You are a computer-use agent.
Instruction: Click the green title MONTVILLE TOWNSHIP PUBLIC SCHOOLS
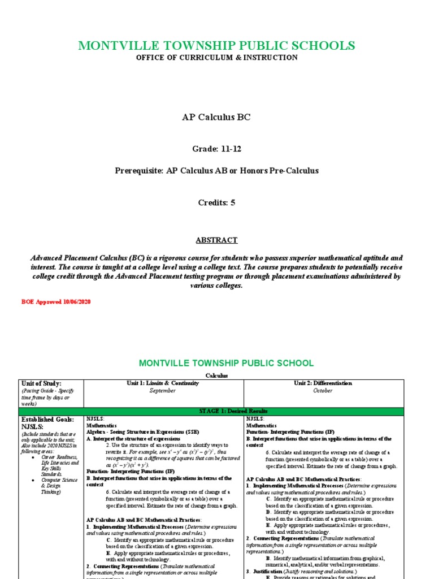coord(217,46)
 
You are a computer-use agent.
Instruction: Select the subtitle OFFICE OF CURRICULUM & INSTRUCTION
coord(217,58)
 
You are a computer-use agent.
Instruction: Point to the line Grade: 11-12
coord(216,149)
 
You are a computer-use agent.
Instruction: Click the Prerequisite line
coord(216,171)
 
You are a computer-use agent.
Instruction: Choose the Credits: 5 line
coord(216,202)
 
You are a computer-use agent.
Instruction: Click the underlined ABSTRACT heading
coord(216,240)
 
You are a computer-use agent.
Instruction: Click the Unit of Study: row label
coord(41,383)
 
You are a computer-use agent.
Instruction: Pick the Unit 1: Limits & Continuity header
coord(163,383)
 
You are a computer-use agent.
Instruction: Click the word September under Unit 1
coord(163,390)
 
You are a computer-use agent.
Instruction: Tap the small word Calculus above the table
coord(216,375)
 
